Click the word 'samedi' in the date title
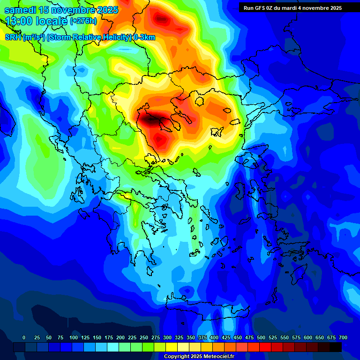click(x=21, y=10)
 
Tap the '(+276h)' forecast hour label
click(x=83, y=21)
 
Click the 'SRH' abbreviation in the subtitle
click(x=13, y=37)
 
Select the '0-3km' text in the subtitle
click(x=144, y=37)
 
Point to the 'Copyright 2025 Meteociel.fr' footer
click(x=199, y=357)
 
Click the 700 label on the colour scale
click(x=343, y=337)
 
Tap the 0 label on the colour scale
click(x=24, y=337)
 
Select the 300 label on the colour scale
click(x=155, y=337)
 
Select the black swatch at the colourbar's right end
click(x=336, y=347)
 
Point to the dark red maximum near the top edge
click(x=163, y=19)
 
